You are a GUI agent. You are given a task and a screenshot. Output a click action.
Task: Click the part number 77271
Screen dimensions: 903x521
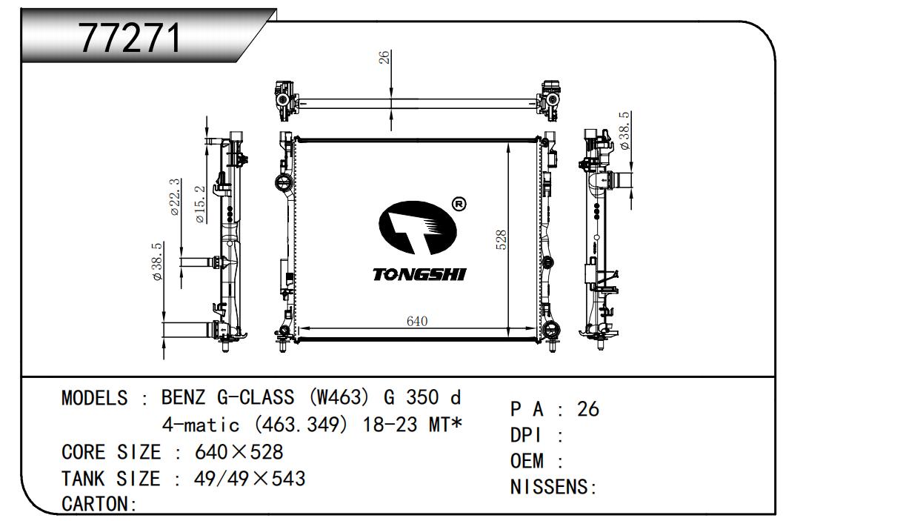(x=130, y=38)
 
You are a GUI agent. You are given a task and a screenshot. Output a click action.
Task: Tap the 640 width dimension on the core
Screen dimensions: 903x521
(x=417, y=321)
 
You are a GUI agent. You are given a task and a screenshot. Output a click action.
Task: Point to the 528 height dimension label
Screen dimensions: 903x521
(x=501, y=240)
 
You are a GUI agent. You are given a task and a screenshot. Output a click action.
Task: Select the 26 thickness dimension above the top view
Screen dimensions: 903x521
(x=384, y=57)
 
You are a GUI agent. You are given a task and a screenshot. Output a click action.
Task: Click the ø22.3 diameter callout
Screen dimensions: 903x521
(x=174, y=197)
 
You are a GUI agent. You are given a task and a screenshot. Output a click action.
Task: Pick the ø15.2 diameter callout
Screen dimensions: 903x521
(x=200, y=205)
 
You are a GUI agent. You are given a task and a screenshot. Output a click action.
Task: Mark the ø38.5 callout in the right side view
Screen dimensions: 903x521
(x=624, y=130)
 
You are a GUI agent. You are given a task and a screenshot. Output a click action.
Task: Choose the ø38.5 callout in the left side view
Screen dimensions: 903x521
(x=156, y=262)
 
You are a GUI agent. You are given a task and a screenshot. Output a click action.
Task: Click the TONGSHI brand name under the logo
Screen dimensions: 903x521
(x=419, y=274)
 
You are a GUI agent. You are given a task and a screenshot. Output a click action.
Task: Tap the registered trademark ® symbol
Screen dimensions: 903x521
(x=459, y=204)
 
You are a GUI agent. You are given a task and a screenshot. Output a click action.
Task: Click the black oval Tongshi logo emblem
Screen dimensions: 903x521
(x=418, y=228)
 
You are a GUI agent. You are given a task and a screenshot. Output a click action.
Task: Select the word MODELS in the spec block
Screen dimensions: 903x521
(x=94, y=397)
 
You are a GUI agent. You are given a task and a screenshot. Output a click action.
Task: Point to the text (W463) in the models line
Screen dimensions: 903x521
(x=339, y=397)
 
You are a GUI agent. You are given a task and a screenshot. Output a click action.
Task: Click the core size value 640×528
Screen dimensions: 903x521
(x=239, y=452)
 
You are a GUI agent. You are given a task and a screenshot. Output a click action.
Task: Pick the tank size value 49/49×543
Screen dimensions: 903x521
(x=250, y=479)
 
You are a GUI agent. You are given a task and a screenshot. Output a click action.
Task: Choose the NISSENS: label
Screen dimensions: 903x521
(x=553, y=487)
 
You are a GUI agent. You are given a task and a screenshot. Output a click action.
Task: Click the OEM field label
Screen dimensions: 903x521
(x=527, y=461)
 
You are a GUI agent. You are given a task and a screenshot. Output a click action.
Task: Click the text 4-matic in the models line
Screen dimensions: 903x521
(x=201, y=425)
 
